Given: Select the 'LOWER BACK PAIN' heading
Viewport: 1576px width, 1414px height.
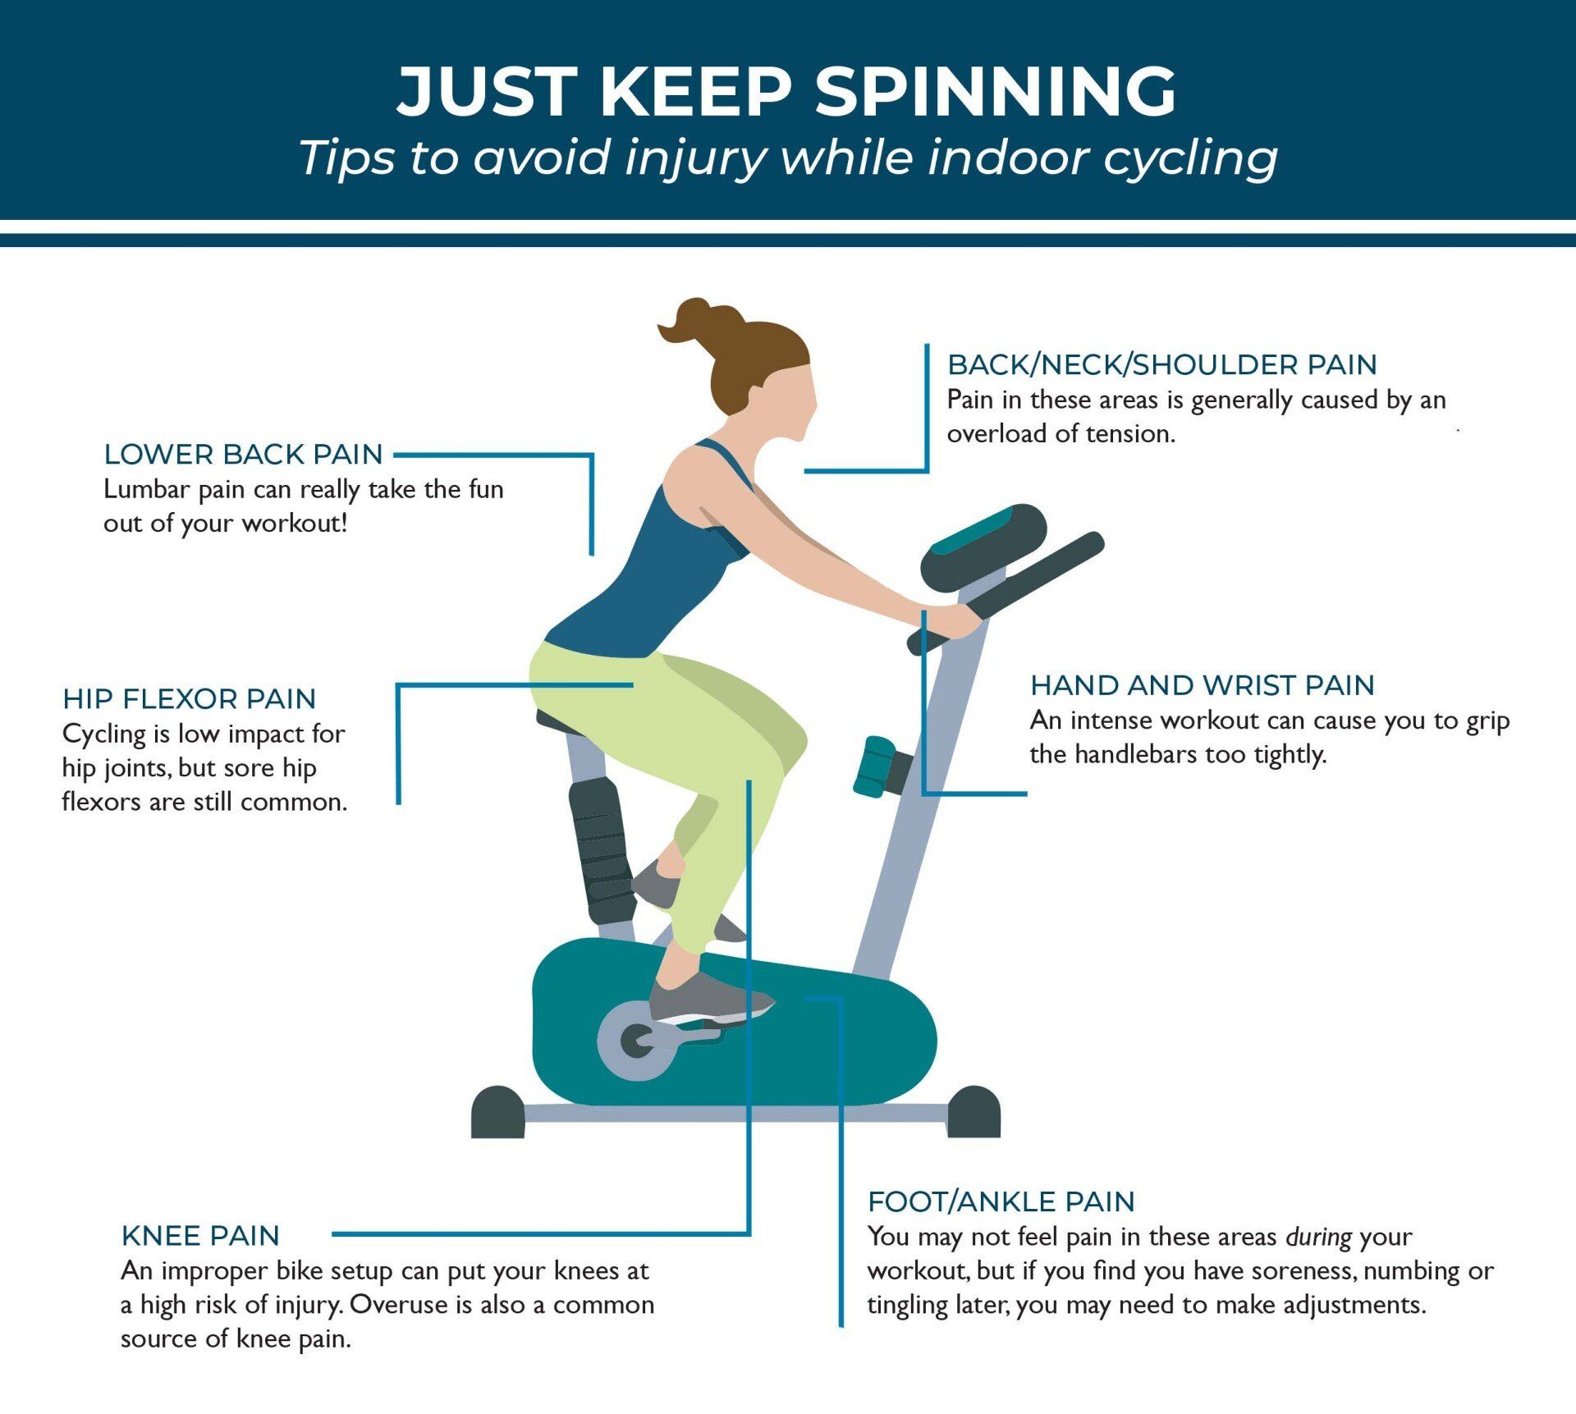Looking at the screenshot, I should tap(243, 454).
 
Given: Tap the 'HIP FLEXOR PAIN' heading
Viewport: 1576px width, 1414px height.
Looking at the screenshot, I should tap(189, 698).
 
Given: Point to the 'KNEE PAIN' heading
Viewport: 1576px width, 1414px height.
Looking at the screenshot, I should tap(200, 1235).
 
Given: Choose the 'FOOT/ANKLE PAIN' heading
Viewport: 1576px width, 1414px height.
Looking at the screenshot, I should tap(1001, 1201).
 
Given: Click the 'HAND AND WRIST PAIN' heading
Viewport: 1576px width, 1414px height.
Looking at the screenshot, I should tap(1202, 684).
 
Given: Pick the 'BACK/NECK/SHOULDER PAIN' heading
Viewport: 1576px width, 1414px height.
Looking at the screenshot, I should tap(1161, 364).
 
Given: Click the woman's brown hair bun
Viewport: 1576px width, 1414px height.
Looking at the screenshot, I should tap(698, 321).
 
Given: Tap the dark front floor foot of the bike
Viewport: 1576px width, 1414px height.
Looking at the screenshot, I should tap(974, 1113).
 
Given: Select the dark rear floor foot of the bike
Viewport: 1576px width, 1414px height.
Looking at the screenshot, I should tap(497, 1113).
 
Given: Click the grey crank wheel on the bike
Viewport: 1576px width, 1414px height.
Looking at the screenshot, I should tap(636, 1041).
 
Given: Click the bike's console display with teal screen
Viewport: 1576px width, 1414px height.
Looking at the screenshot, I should tap(983, 547).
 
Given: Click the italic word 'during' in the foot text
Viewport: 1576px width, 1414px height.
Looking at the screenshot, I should tap(1318, 1237).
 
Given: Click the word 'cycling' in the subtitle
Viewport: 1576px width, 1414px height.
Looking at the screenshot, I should tap(1190, 158).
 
